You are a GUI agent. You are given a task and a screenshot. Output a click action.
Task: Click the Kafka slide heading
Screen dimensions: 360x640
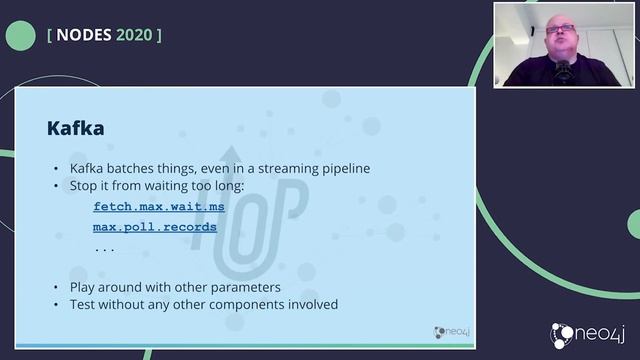click(x=76, y=129)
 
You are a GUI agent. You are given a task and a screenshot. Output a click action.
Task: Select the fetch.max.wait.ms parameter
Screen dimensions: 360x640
click(x=159, y=206)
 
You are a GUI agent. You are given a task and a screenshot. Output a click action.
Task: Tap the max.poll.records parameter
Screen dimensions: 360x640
click(x=155, y=227)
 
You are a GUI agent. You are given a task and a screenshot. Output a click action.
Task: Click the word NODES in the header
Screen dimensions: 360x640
click(x=84, y=34)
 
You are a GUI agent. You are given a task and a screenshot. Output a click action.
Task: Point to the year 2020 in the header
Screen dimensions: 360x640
click(x=134, y=34)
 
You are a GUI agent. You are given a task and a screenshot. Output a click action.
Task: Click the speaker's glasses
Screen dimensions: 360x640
click(x=560, y=28)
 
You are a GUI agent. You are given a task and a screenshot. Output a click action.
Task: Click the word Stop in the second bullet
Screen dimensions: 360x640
click(x=85, y=186)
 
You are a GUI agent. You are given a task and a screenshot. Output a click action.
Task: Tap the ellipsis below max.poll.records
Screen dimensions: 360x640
click(x=104, y=247)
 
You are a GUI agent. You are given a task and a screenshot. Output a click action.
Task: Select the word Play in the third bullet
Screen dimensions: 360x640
click(x=84, y=287)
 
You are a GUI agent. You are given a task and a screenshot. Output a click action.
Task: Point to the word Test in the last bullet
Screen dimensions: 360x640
click(x=84, y=304)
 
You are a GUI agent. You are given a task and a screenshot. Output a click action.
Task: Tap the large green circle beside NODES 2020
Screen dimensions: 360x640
click(x=20, y=36)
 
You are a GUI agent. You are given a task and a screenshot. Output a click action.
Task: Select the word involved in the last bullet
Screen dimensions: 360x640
click(x=312, y=304)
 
